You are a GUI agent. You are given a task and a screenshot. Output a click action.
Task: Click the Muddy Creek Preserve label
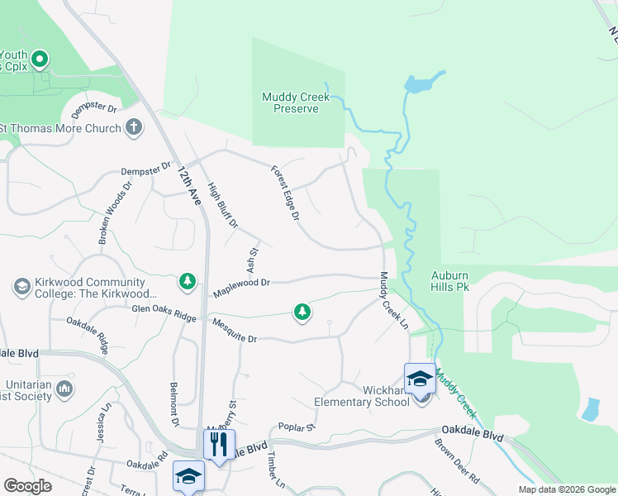(296, 103)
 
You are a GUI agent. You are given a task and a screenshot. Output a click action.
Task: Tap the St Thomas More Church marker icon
(135, 127)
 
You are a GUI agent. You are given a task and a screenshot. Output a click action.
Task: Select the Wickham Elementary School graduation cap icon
(420, 379)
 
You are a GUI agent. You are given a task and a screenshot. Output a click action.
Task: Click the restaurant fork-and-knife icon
(219, 444)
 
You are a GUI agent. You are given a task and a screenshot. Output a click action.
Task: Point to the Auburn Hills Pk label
(450, 281)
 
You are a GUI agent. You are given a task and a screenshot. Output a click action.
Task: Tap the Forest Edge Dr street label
(285, 193)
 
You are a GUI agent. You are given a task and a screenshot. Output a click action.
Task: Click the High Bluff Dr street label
(223, 205)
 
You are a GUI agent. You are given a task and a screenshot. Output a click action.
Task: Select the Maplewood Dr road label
(241, 283)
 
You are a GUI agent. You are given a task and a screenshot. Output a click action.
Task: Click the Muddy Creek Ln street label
(394, 303)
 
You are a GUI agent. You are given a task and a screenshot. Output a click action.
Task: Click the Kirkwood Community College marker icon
(21, 287)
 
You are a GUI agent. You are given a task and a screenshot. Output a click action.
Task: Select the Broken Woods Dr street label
(115, 217)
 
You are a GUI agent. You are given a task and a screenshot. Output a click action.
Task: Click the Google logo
(27, 486)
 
